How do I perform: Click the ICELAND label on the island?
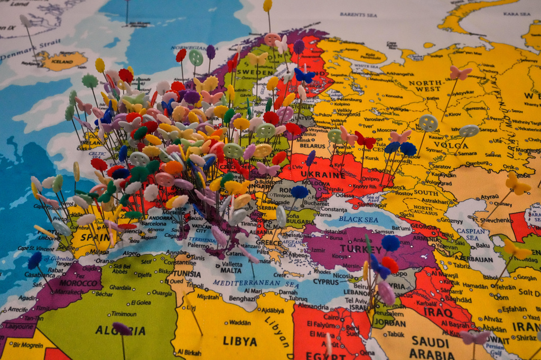tap(62, 61)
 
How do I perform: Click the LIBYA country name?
tap(239, 341)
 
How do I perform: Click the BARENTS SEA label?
tap(358, 15)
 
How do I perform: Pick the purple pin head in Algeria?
tap(122, 328)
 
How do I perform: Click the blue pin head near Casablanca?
tap(35, 260)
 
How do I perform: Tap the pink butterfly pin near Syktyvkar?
tap(460, 73)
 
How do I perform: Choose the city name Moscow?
tap(386, 130)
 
